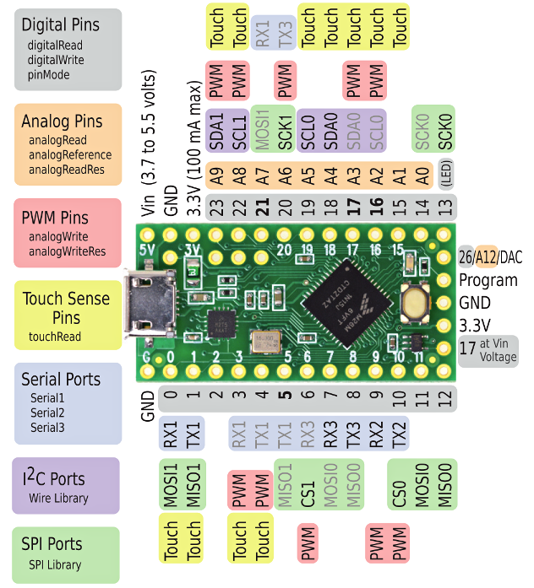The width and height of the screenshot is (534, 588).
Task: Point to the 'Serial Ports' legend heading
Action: pos(61,379)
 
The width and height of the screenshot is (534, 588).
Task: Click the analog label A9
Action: pos(216,175)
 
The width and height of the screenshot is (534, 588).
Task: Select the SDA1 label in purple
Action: pos(216,129)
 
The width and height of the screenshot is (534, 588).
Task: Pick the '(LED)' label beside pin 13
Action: pos(446,175)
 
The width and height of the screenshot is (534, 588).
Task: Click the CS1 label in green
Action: pos(308,484)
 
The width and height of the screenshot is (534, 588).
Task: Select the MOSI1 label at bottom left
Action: pos(171,484)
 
